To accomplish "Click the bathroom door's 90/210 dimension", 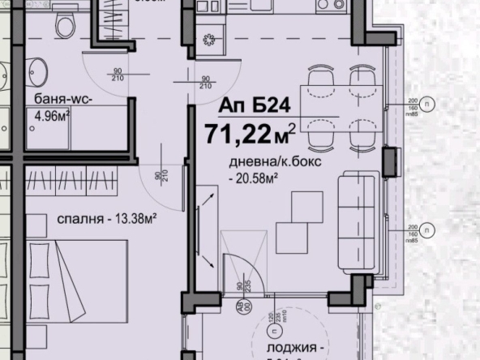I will [x=117, y=75].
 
